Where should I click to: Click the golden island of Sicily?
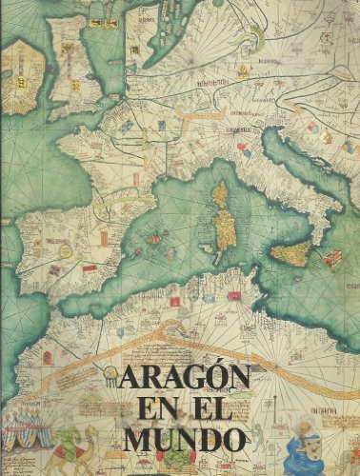[x=291, y=253]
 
